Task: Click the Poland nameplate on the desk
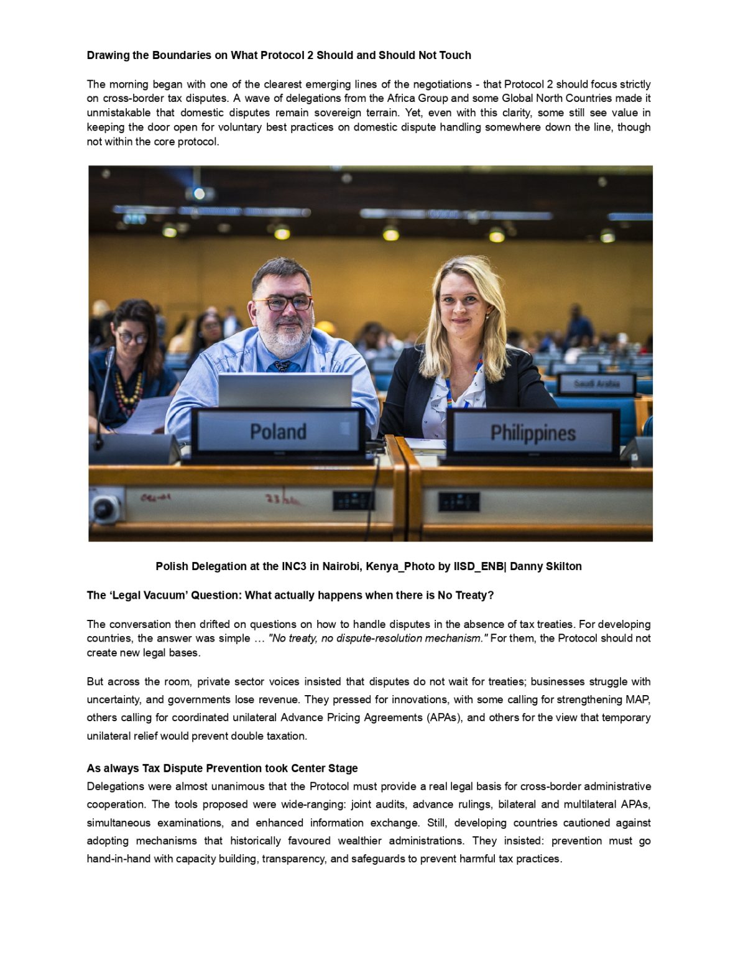pyautogui.click(x=278, y=431)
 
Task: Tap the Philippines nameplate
pyautogui.click(x=533, y=433)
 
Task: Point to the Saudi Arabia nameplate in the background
pyautogui.click(x=596, y=384)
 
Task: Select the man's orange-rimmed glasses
pyautogui.click(x=282, y=303)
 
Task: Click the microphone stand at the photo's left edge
pyautogui.click(x=103, y=398)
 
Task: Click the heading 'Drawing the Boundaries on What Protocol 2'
pyautogui.click(x=279, y=55)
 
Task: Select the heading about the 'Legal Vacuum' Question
pyautogui.click(x=290, y=595)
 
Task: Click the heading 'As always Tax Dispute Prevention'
pyautogui.click(x=222, y=768)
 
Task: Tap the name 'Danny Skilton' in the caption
pyautogui.click(x=545, y=566)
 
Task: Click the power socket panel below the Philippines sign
pyautogui.click(x=459, y=501)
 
